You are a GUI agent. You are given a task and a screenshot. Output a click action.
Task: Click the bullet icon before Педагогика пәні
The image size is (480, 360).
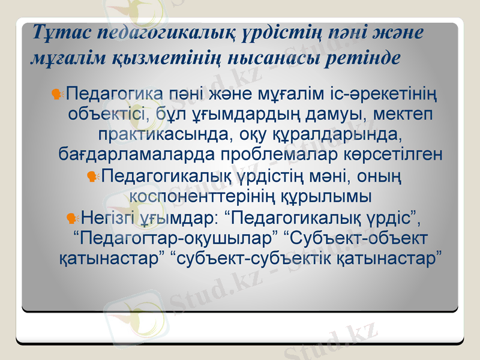[58, 94]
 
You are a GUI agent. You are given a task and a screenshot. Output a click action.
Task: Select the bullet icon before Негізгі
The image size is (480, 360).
[73, 217]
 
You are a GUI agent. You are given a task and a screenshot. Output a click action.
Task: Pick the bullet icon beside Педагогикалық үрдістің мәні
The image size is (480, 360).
[92, 177]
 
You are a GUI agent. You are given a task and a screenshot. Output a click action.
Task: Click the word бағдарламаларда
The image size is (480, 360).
[137, 154]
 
